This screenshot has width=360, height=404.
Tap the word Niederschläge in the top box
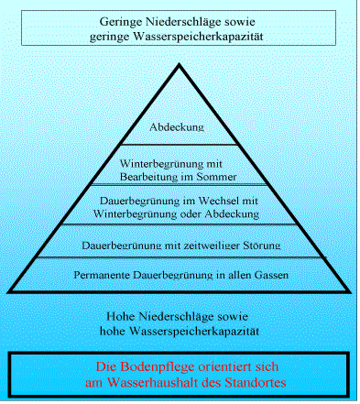pyautogui.click(x=190, y=20)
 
